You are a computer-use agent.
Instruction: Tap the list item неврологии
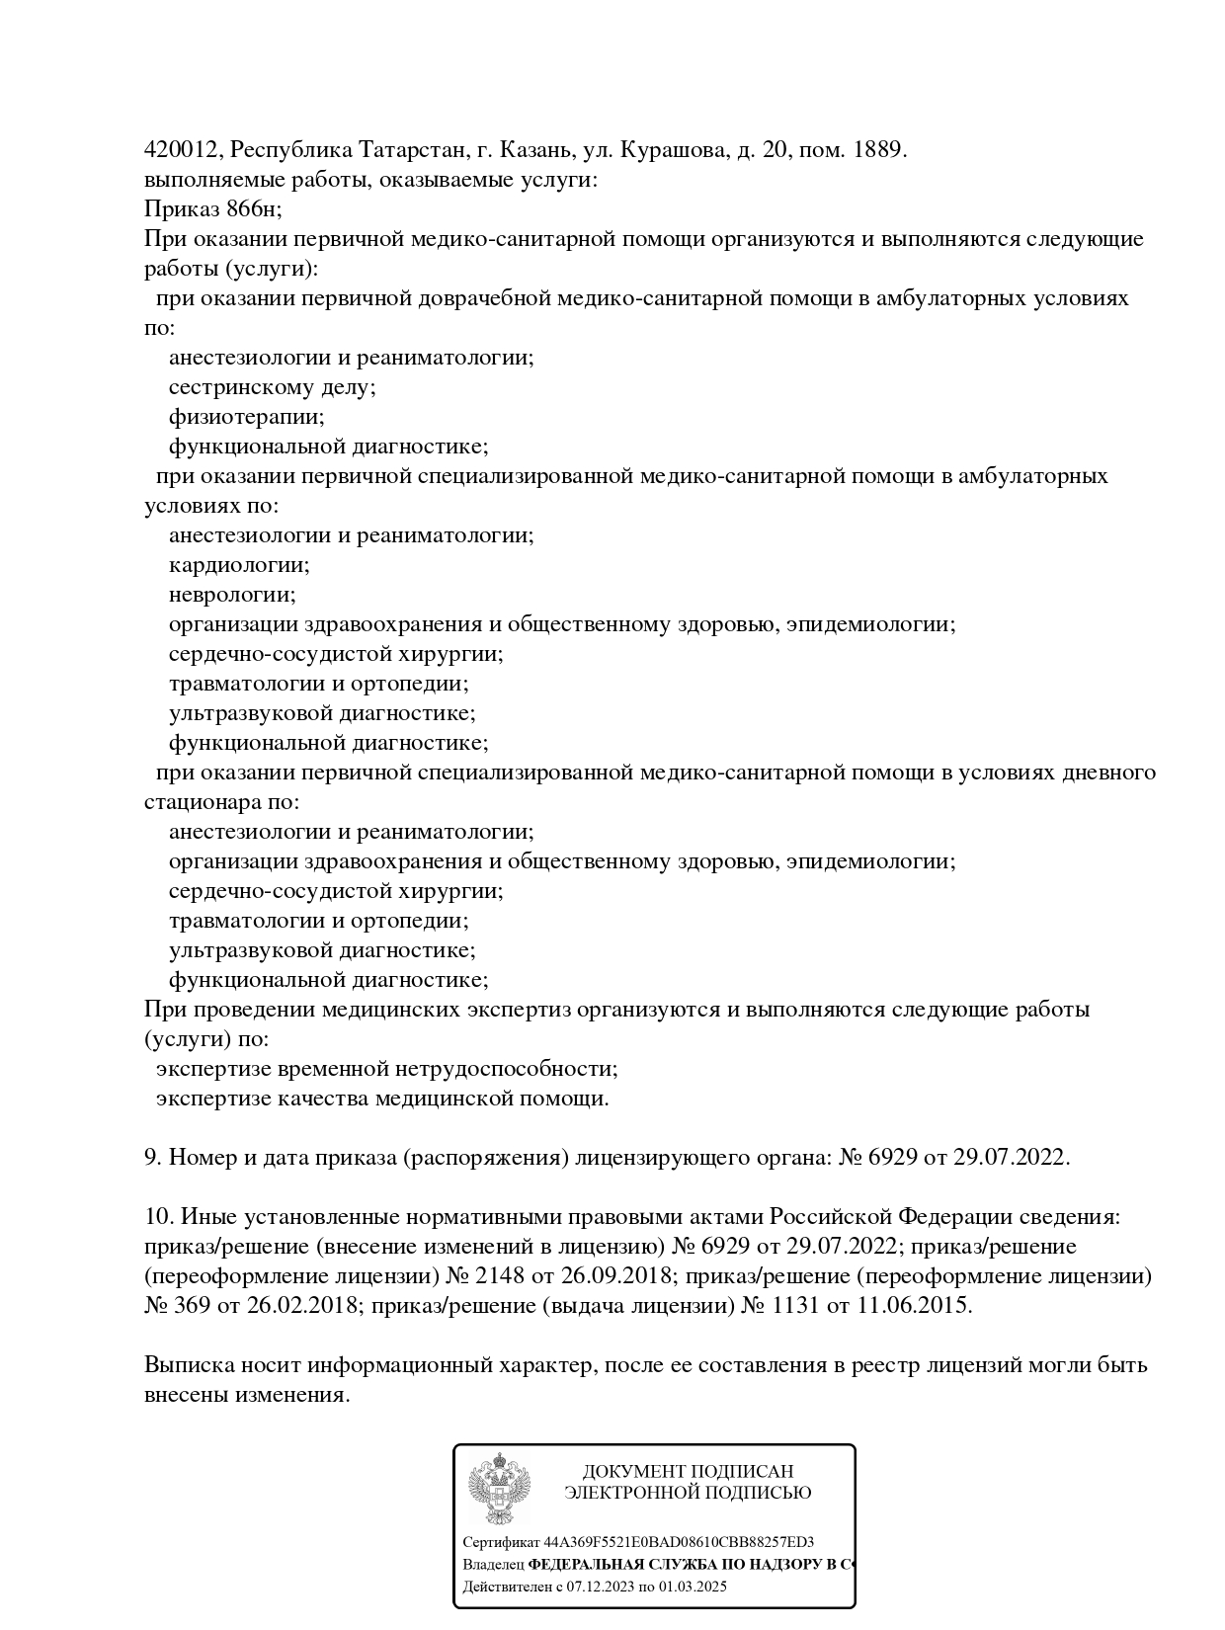pos(232,595)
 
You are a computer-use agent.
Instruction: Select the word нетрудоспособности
pos(507,1069)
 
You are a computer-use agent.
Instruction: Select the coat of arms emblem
pos(499,1489)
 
